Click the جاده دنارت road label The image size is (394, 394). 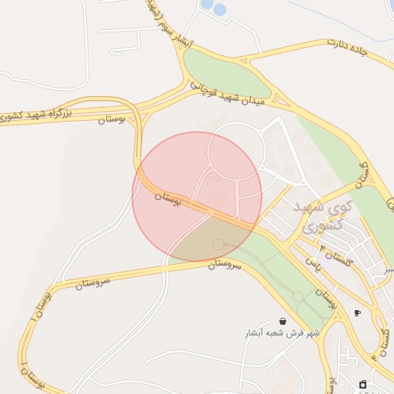(348, 48)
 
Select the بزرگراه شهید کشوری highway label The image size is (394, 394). (36, 115)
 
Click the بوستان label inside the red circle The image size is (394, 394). (168, 199)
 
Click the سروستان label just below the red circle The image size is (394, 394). (225, 264)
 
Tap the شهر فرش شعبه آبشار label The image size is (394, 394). (282, 332)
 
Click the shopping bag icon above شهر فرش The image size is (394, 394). (282, 321)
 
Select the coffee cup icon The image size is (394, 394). (357, 313)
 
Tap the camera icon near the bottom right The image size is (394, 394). (363, 384)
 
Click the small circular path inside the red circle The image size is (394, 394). (219, 244)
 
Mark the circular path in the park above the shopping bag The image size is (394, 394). (298, 296)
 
